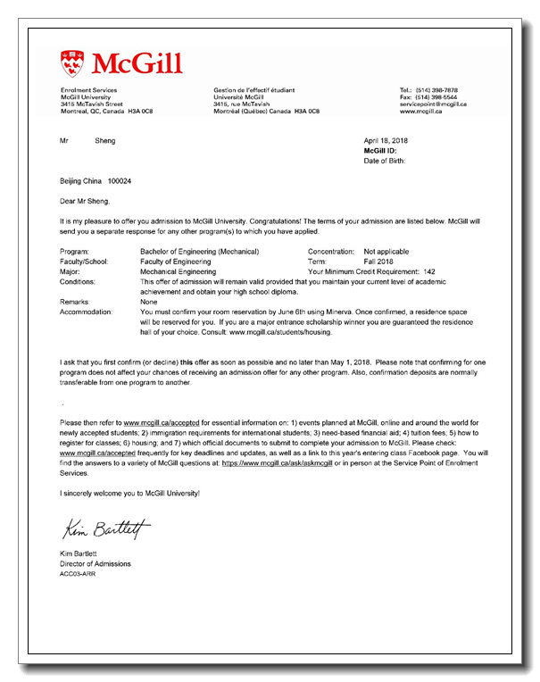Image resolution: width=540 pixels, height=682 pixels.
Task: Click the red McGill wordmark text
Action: click(137, 63)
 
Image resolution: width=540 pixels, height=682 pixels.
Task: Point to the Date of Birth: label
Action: click(385, 161)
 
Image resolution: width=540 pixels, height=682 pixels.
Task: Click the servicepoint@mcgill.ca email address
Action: click(433, 104)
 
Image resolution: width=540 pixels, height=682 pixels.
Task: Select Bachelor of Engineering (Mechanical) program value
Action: click(200, 252)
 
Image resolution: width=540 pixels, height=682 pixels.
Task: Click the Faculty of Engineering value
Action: click(177, 262)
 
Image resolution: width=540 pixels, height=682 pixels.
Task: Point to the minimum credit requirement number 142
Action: click(429, 271)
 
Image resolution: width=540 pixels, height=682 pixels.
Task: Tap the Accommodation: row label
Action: click(86, 312)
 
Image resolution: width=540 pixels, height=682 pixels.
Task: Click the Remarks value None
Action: click(150, 302)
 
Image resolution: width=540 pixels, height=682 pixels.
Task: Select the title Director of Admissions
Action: click(96, 563)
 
